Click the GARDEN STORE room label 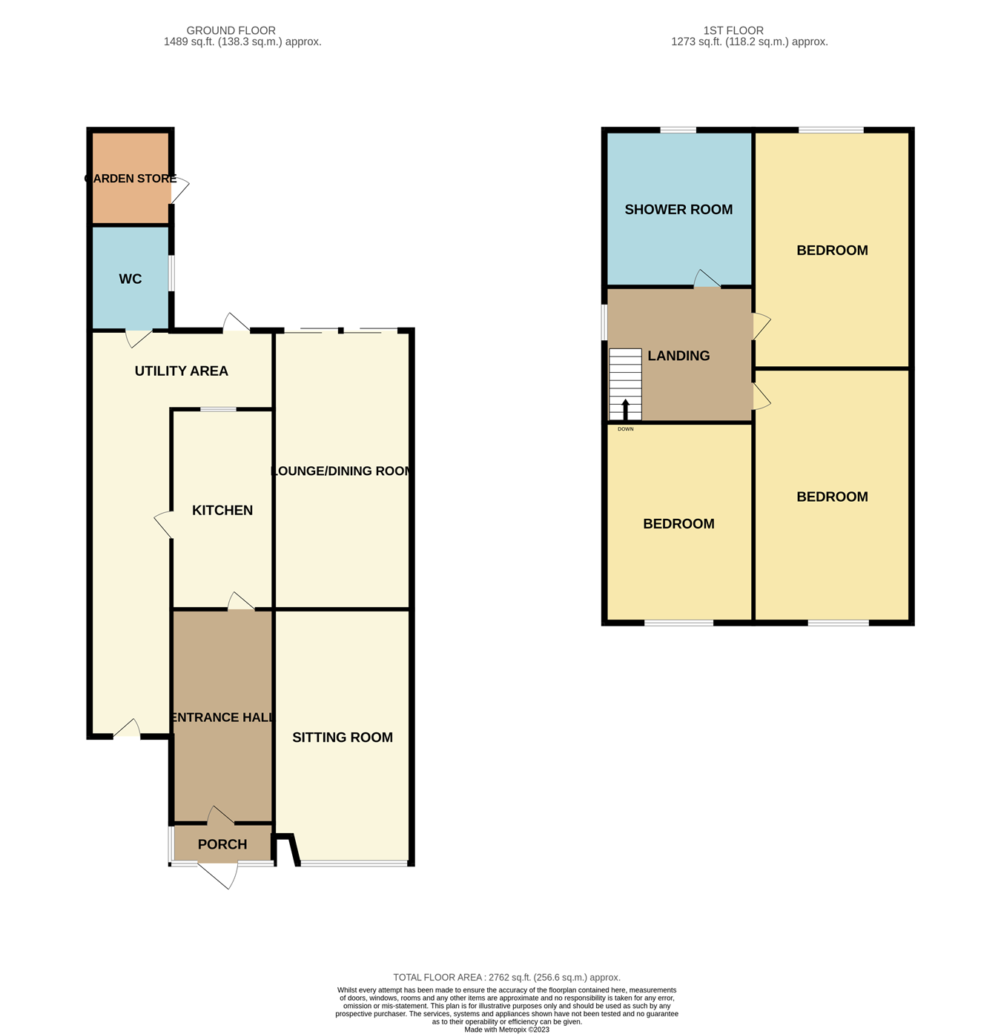[131, 179]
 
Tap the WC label [131, 279]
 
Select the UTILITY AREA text [182, 371]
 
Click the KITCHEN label [222, 511]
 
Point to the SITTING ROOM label [343, 738]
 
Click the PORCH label [222, 845]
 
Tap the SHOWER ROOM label [678, 210]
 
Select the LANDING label [678, 356]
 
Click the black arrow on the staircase [626, 410]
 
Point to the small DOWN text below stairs [626, 429]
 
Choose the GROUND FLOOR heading [231, 30]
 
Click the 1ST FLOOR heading [733, 30]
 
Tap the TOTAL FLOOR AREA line [506, 978]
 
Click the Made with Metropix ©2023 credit [506, 1030]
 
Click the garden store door [179, 190]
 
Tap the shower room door [707, 279]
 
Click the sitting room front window [354, 863]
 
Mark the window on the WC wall [172, 274]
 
